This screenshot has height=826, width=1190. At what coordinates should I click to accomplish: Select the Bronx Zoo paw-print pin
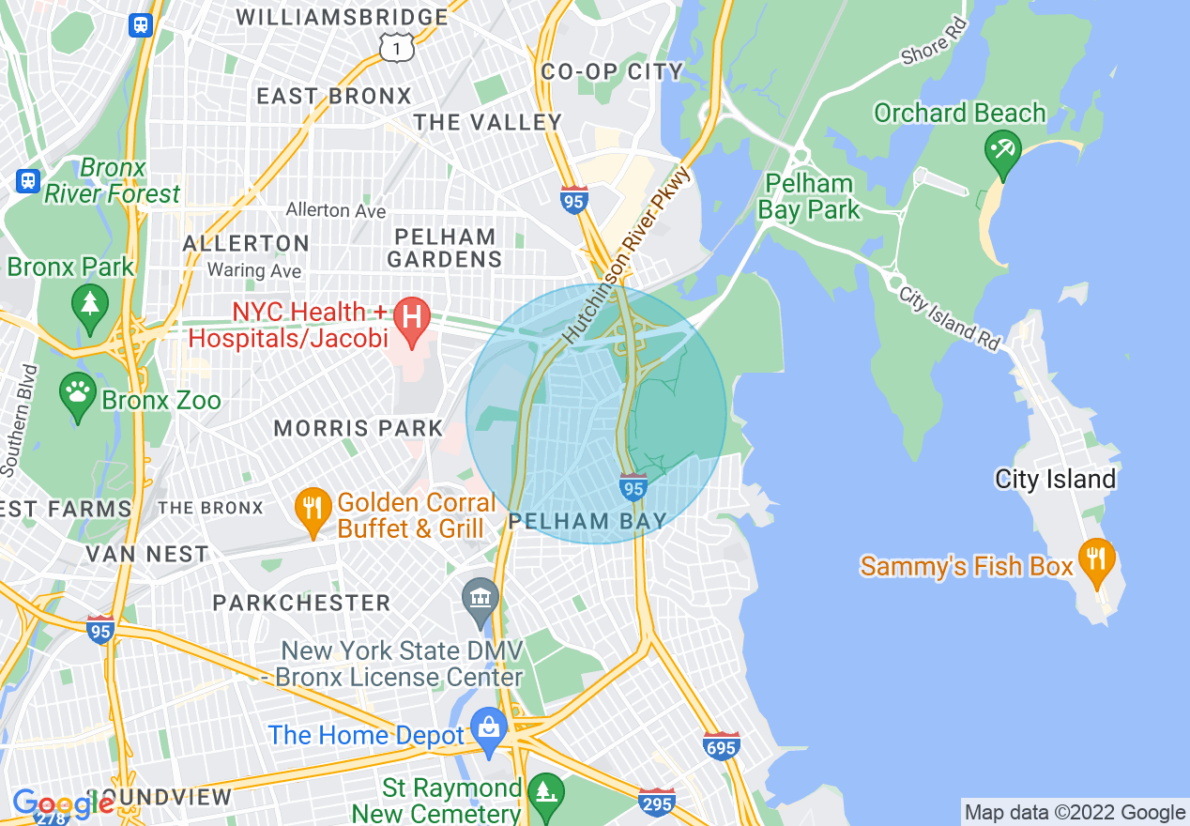pyautogui.click(x=78, y=395)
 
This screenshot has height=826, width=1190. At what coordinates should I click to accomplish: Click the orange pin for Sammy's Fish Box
pyautogui.click(x=1094, y=559)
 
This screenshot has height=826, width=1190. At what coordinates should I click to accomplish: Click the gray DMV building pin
pyautogui.click(x=481, y=599)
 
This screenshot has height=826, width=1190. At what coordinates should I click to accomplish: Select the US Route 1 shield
pyautogui.click(x=396, y=46)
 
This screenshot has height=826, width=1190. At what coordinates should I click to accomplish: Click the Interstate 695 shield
pyautogui.click(x=721, y=746)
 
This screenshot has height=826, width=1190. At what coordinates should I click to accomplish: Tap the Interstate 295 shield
pyautogui.click(x=656, y=803)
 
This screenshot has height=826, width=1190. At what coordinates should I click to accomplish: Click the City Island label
pyautogui.click(x=1055, y=480)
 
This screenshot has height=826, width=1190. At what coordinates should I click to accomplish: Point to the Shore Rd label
pyautogui.click(x=933, y=42)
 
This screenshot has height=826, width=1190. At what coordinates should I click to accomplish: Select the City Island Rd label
pyautogui.click(x=949, y=318)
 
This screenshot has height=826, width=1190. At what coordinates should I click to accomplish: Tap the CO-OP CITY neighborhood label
pyautogui.click(x=612, y=72)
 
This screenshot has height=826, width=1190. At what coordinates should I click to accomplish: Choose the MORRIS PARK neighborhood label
pyautogui.click(x=358, y=429)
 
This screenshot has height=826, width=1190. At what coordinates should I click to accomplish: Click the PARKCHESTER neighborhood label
pyautogui.click(x=301, y=603)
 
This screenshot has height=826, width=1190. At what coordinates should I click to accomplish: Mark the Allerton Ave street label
pyautogui.click(x=335, y=210)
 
